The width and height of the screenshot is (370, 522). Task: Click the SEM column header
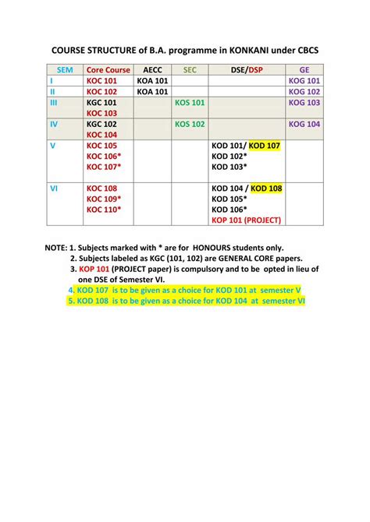[65, 69]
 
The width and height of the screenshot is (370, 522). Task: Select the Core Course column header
[109, 69]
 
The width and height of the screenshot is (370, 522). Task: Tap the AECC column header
[153, 69]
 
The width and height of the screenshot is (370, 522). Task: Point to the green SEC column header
[190, 69]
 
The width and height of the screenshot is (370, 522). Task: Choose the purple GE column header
[304, 69]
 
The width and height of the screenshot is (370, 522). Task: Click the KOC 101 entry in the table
[102, 80]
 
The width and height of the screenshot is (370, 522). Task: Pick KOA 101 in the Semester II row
[153, 91]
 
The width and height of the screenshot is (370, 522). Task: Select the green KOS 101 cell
[190, 102]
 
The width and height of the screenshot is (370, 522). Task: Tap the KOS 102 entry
[190, 124]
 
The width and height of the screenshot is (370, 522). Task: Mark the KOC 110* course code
[105, 210]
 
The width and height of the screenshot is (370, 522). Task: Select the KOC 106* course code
[105, 156]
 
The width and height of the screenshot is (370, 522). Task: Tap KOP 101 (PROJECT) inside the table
[246, 220]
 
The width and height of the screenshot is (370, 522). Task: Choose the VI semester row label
[53, 189]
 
